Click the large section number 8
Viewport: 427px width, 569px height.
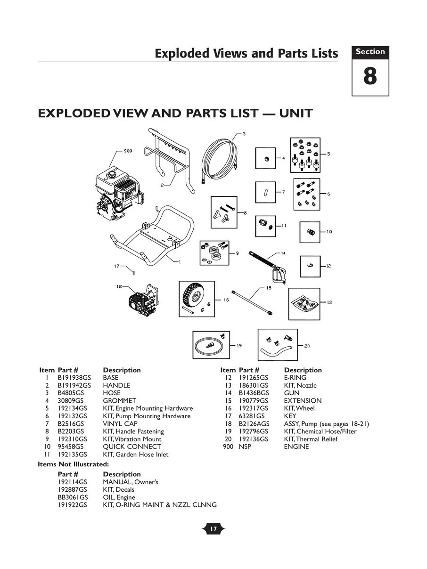(x=370, y=77)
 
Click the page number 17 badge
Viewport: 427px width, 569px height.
(x=213, y=529)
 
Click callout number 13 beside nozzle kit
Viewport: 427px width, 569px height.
(x=329, y=302)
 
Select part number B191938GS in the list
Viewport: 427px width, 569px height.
(x=74, y=378)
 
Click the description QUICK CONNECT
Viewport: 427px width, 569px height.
(x=131, y=447)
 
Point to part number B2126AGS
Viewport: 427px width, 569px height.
(x=254, y=424)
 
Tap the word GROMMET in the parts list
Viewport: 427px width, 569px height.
(x=119, y=401)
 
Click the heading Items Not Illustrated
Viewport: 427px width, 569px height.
(x=73, y=464)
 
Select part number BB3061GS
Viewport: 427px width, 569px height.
(x=73, y=497)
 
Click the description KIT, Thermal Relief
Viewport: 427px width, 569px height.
(x=310, y=439)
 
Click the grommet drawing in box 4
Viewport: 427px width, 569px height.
(x=265, y=159)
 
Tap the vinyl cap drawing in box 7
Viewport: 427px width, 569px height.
(x=265, y=192)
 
